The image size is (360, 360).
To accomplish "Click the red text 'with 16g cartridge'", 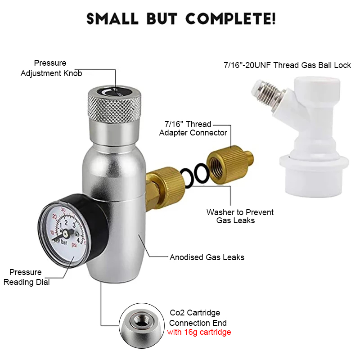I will pos(199,333).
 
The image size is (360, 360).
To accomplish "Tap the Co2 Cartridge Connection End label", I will pos(198,318).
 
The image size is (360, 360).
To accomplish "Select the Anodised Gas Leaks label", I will pos(207,257).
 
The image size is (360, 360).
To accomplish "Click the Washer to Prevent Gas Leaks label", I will pos(240,216).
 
